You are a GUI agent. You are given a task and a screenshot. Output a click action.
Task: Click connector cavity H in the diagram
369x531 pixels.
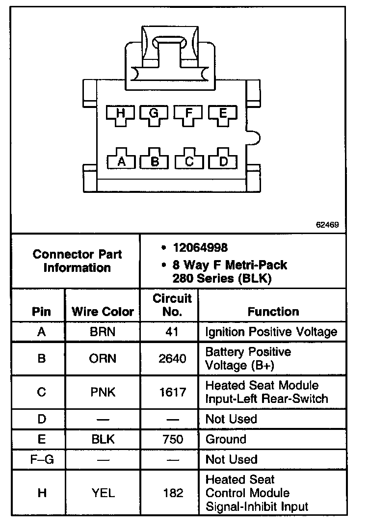(121, 114)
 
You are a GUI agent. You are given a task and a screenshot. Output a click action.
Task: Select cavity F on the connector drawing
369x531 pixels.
(189, 114)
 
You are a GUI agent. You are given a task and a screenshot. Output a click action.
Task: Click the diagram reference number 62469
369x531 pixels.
(327, 225)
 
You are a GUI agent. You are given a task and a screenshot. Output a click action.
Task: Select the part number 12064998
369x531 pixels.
(200, 248)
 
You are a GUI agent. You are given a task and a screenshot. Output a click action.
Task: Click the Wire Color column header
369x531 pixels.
(103, 312)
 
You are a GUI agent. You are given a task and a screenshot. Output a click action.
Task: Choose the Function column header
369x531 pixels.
(273, 312)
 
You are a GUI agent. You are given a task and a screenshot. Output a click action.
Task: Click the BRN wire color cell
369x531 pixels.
(103, 332)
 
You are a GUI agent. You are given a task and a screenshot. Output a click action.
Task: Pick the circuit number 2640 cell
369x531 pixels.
(173, 359)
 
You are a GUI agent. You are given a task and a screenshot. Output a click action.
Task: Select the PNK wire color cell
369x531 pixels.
(103, 392)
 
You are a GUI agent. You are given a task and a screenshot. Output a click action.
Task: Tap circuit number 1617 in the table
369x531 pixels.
(173, 392)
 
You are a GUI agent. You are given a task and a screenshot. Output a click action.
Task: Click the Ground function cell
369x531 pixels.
(226, 439)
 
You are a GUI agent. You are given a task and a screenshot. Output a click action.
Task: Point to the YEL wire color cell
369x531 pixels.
(103, 493)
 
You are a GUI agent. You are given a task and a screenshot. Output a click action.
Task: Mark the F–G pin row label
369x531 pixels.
(41, 460)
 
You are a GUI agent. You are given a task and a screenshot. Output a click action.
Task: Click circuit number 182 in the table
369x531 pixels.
(173, 493)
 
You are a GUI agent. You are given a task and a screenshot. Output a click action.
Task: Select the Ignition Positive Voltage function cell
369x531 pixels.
(271, 332)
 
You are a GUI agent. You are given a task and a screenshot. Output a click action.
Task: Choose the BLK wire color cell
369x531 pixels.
(103, 439)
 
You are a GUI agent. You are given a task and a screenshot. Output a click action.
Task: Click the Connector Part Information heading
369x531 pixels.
(77, 261)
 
